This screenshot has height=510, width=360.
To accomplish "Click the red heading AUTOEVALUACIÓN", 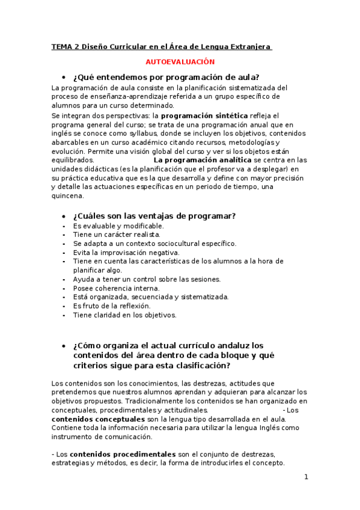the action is coord(180,61).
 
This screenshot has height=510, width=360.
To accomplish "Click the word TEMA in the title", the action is coord(60,46).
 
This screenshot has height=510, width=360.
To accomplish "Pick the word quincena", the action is coord(68,196).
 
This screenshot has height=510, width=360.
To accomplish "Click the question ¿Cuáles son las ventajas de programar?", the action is coord(154,216).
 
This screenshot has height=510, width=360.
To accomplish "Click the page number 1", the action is coord(306,478).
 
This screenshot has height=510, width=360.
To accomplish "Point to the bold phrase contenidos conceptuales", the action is coord(98,419).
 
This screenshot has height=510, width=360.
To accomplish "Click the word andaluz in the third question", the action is coord(224,345).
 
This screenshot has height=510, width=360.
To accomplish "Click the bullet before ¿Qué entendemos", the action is coord(64,78).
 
